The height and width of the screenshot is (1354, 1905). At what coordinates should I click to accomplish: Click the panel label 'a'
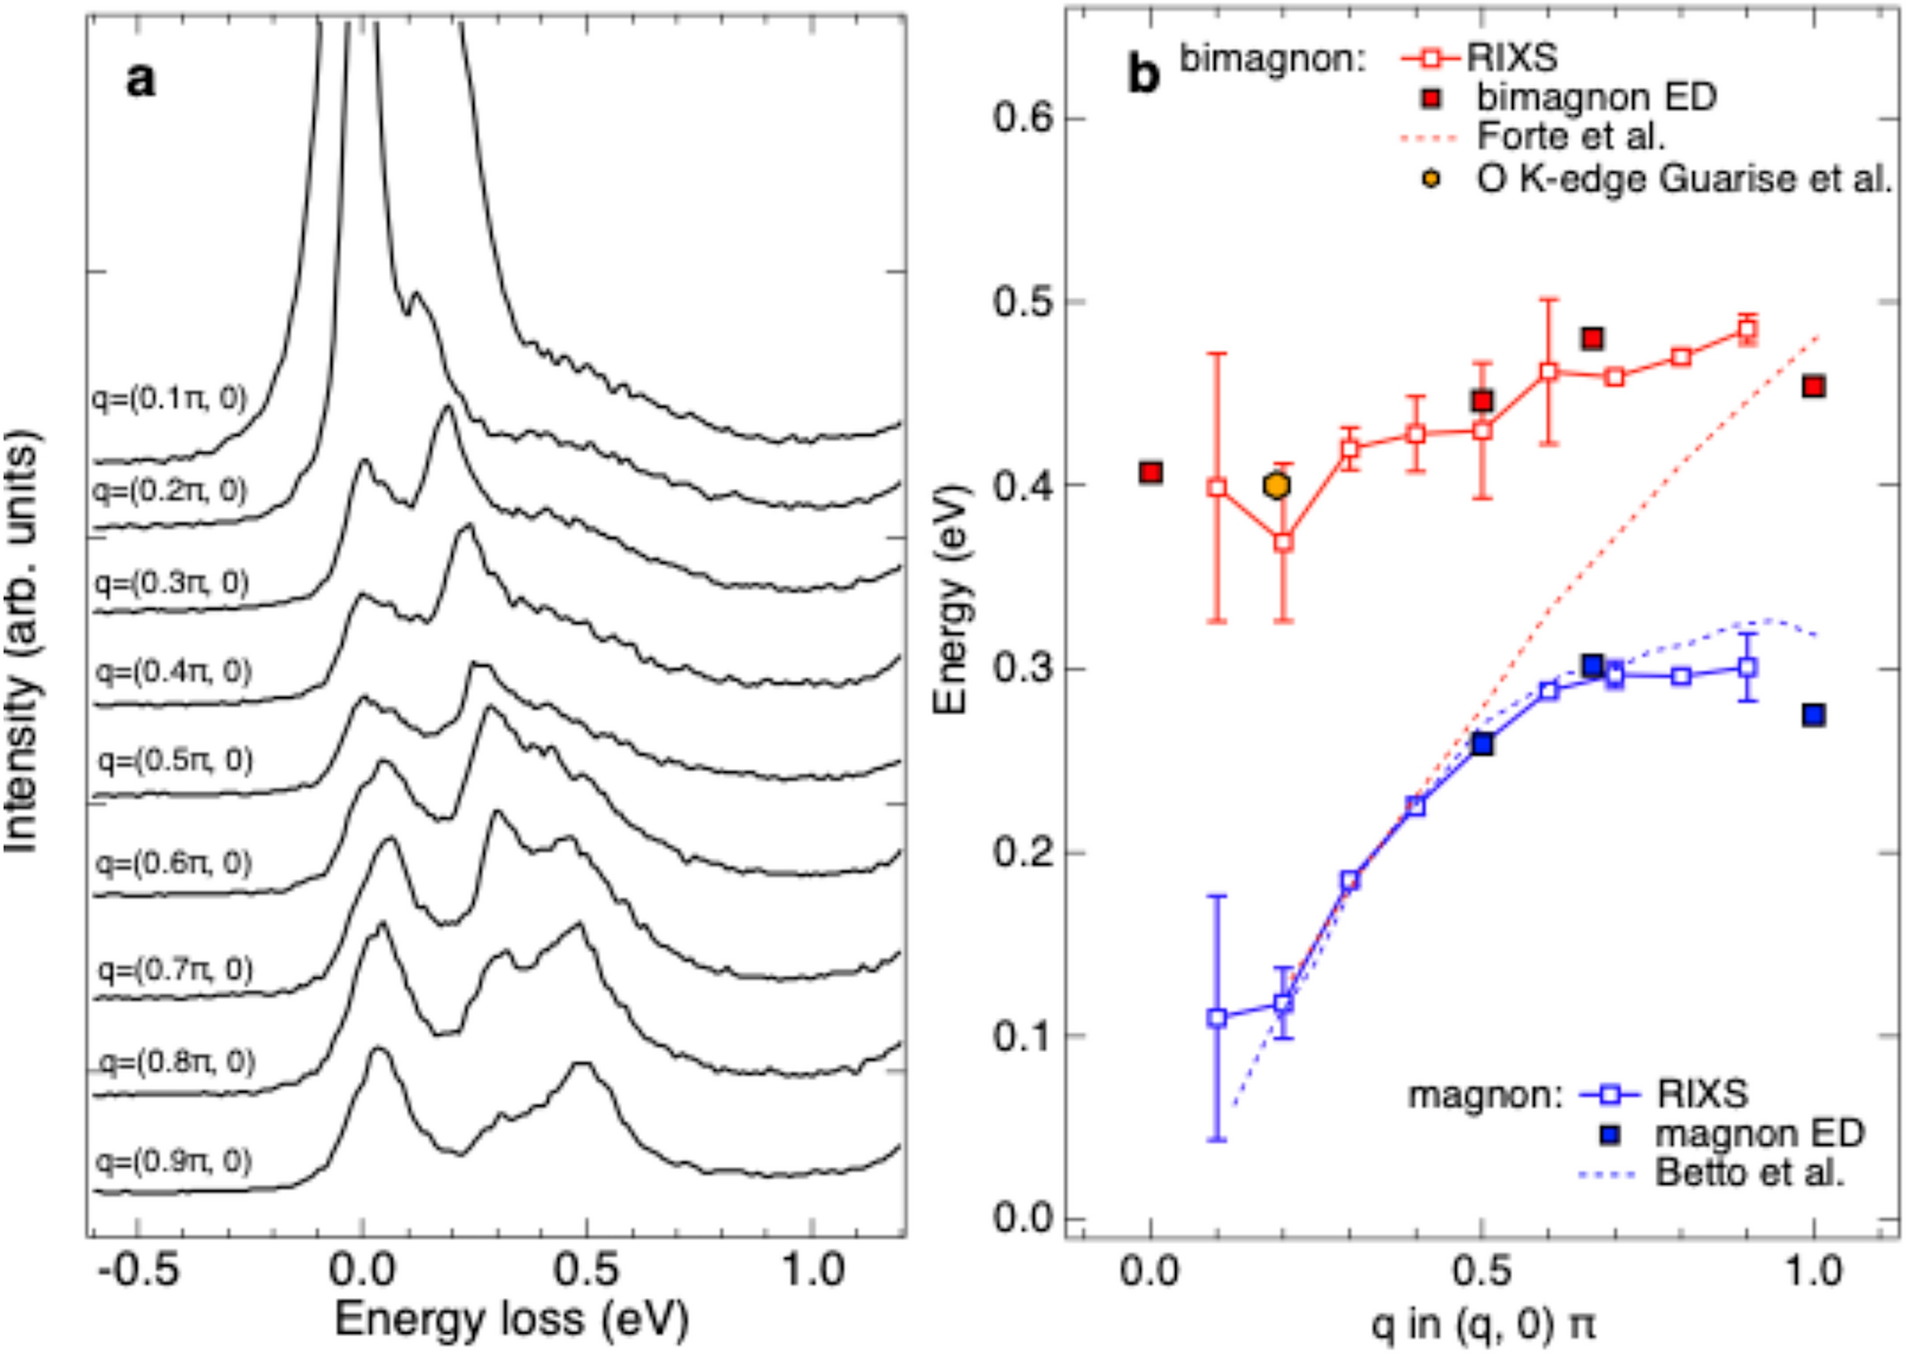point(140,79)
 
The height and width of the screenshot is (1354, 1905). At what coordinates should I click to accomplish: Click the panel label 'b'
point(1143,73)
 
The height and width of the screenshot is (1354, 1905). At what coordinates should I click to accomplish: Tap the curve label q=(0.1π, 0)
point(170,398)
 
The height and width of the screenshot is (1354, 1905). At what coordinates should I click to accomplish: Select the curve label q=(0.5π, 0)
point(176,760)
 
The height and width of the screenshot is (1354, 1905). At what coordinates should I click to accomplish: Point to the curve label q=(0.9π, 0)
point(175,1160)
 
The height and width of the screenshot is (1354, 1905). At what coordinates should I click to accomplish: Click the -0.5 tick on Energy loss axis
point(139,1270)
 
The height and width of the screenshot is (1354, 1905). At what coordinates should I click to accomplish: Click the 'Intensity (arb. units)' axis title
point(23,641)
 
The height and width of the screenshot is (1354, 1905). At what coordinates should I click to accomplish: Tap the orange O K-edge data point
point(1278,486)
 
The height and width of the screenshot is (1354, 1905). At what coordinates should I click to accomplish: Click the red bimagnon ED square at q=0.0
point(1151,472)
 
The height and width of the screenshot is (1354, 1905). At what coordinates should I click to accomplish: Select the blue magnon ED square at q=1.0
point(1814,715)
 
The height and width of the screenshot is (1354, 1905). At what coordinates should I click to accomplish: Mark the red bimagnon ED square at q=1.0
point(1814,386)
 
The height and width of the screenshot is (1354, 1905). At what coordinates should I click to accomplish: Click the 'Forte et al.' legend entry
point(1571,138)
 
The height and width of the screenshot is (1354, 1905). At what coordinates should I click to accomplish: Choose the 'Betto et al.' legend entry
point(1749,1174)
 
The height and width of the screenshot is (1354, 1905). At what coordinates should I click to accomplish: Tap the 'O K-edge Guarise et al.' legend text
point(1684,179)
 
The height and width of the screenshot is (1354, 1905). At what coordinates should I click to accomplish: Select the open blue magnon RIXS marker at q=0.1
point(1217,1018)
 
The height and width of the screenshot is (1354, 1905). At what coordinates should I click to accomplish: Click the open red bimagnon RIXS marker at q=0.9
point(1747,330)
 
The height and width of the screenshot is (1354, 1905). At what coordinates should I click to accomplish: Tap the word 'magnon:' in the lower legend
point(1484,1095)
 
